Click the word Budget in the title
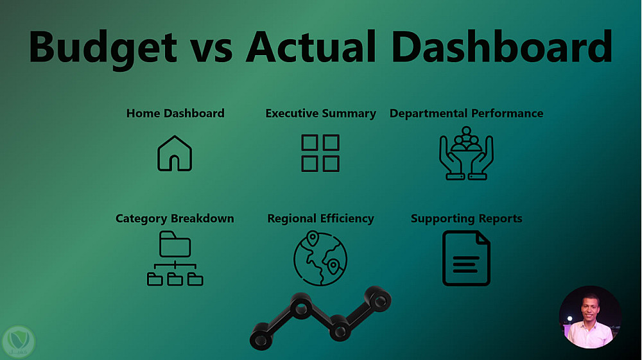click(x=103, y=48)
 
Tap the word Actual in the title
click(x=311, y=46)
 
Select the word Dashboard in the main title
click(x=502, y=46)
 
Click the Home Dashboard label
click(x=175, y=114)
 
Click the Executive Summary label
click(x=320, y=114)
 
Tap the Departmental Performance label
click(x=466, y=114)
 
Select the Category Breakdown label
click(x=175, y=219)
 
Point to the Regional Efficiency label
click(x=320, y=219)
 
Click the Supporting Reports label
click(x=466, y=219)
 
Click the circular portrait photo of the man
click(x=590, y=317)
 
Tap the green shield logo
click(x=18, y=341)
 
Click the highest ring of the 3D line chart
click(x=378, y=299)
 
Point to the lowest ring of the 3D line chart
click(x=261, y=336)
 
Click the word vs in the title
click(x=211, y=51)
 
